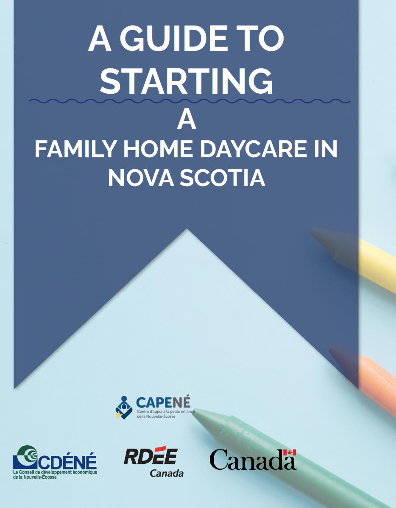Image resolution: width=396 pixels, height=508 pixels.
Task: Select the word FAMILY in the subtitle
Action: point(76,149)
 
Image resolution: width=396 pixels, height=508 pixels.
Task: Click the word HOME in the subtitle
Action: point(158,149)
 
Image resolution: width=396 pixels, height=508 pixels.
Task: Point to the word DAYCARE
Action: point(254,149)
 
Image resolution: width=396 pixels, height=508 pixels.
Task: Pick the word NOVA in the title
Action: point(141,178)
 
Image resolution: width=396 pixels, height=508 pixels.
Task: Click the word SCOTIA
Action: point(223,178)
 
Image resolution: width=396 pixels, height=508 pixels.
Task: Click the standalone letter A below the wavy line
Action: point(187,120)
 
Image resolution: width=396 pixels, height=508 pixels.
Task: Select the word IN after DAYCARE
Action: point(326,149)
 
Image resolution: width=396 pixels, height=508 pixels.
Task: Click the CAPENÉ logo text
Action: point(163,403)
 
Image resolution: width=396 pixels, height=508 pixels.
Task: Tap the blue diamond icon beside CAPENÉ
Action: point(124,408)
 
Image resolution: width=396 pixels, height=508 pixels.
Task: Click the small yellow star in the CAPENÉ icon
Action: point(118,415)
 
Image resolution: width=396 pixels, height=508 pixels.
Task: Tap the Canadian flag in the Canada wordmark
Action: point(290,452)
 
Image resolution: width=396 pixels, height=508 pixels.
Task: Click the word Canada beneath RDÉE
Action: point(167,473)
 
